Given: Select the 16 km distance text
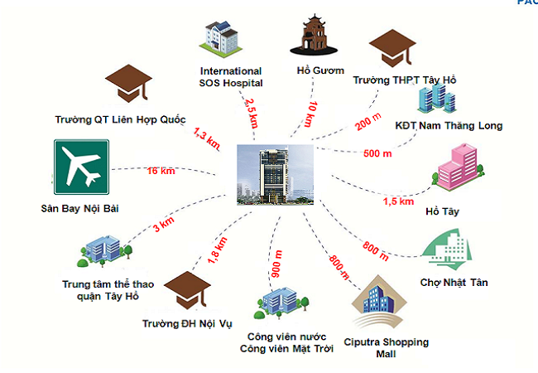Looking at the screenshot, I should pyautogui.click(x=162, y=171).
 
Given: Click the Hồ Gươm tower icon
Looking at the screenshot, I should pyautogui.click(x=315, y=38).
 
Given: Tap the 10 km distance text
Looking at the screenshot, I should pyautogui.click(x=308, y=113).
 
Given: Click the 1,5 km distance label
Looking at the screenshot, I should pyautogui.click(x=397, y=201).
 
